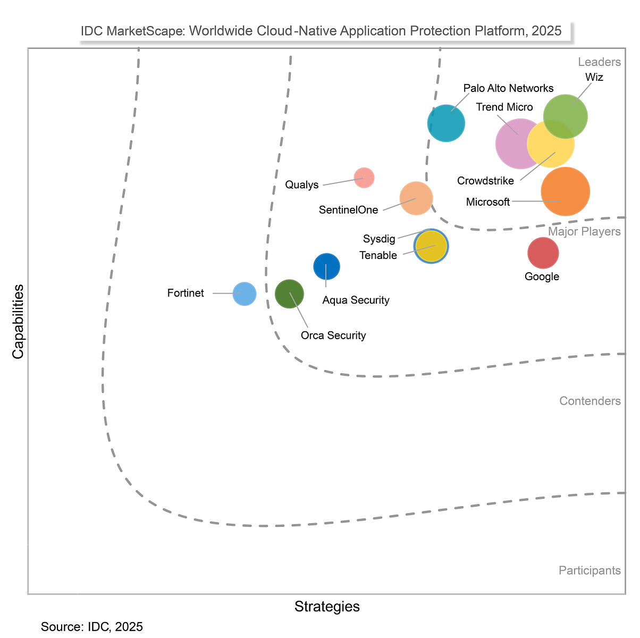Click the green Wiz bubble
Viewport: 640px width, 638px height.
pos(566,116)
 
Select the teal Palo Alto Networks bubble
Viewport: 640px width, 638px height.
pos(447,123)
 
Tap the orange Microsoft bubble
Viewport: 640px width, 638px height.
pos(566,191)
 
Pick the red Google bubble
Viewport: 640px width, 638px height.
pos(543,253)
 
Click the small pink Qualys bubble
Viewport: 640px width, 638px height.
pos(364,177)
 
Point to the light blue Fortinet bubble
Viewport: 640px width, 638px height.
pos(245,293)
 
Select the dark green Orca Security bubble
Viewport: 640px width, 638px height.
pos(289,293)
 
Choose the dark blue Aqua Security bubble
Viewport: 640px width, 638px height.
pos(326,266)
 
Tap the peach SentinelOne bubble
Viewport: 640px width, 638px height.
pos(416,198)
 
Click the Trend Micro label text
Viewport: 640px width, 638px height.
pos(504,107)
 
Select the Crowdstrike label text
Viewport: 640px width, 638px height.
pos(485,181)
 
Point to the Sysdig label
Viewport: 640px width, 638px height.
pos(379,239)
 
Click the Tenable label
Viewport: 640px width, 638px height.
pos(378,255)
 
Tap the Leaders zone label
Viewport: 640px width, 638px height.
pos(600,62)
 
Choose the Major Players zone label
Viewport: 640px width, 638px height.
pos(584,232)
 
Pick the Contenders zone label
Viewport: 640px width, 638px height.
pos(590,401)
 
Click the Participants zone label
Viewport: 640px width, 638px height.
pos(590,570)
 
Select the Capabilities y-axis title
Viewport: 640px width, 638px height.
pos(18,322)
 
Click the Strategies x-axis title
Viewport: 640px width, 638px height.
pos(327,607)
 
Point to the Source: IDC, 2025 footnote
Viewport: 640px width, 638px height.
pos(92,627)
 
